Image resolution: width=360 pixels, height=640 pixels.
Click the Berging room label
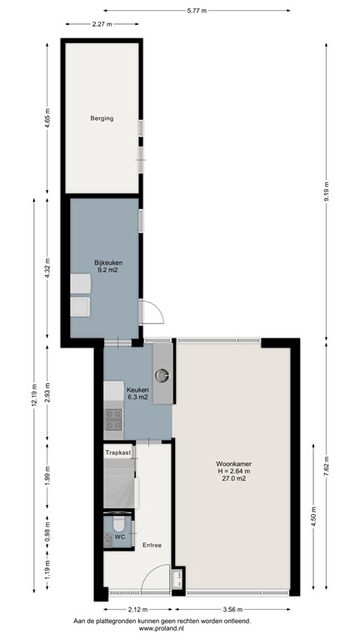coord(102,118)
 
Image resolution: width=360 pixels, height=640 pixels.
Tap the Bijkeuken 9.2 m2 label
coord(106,267)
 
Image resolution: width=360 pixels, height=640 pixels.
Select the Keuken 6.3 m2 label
coord(137,392)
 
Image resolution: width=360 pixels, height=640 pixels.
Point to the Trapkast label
coord(118,452)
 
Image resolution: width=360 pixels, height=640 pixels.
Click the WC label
coord(119,537)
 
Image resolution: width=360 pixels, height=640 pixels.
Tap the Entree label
coord(151,545)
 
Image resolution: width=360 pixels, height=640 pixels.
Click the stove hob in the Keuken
coord(113,422)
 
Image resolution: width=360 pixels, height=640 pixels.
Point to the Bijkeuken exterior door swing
coord(152,312)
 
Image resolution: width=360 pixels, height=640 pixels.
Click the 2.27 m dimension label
coord(102,24)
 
